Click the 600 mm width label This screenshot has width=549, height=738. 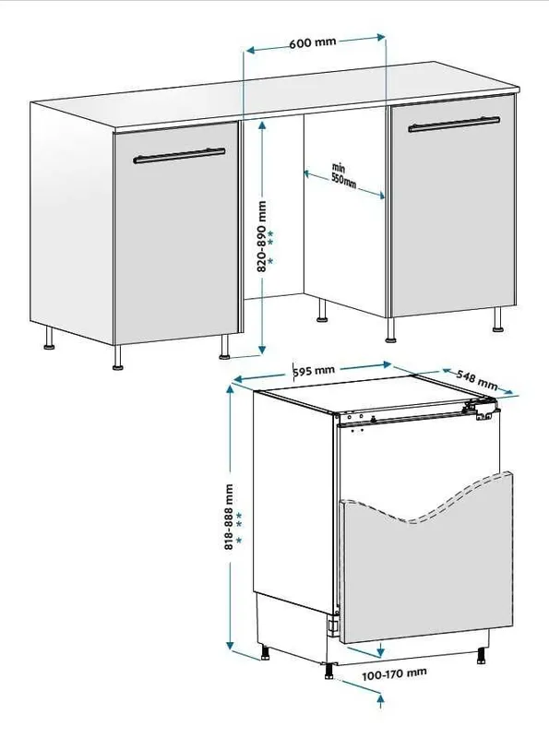313,42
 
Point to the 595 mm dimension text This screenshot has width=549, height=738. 314,371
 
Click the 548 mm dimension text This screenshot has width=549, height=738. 476,380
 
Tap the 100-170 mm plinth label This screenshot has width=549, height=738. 394,674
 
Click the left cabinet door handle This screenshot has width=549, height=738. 179,155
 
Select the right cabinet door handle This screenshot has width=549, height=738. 454,124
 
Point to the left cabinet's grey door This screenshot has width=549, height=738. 176,233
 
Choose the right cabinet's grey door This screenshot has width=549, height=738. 453,205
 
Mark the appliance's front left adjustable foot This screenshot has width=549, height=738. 328,671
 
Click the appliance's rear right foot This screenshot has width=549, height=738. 482,656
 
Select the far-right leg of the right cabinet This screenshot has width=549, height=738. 497,320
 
